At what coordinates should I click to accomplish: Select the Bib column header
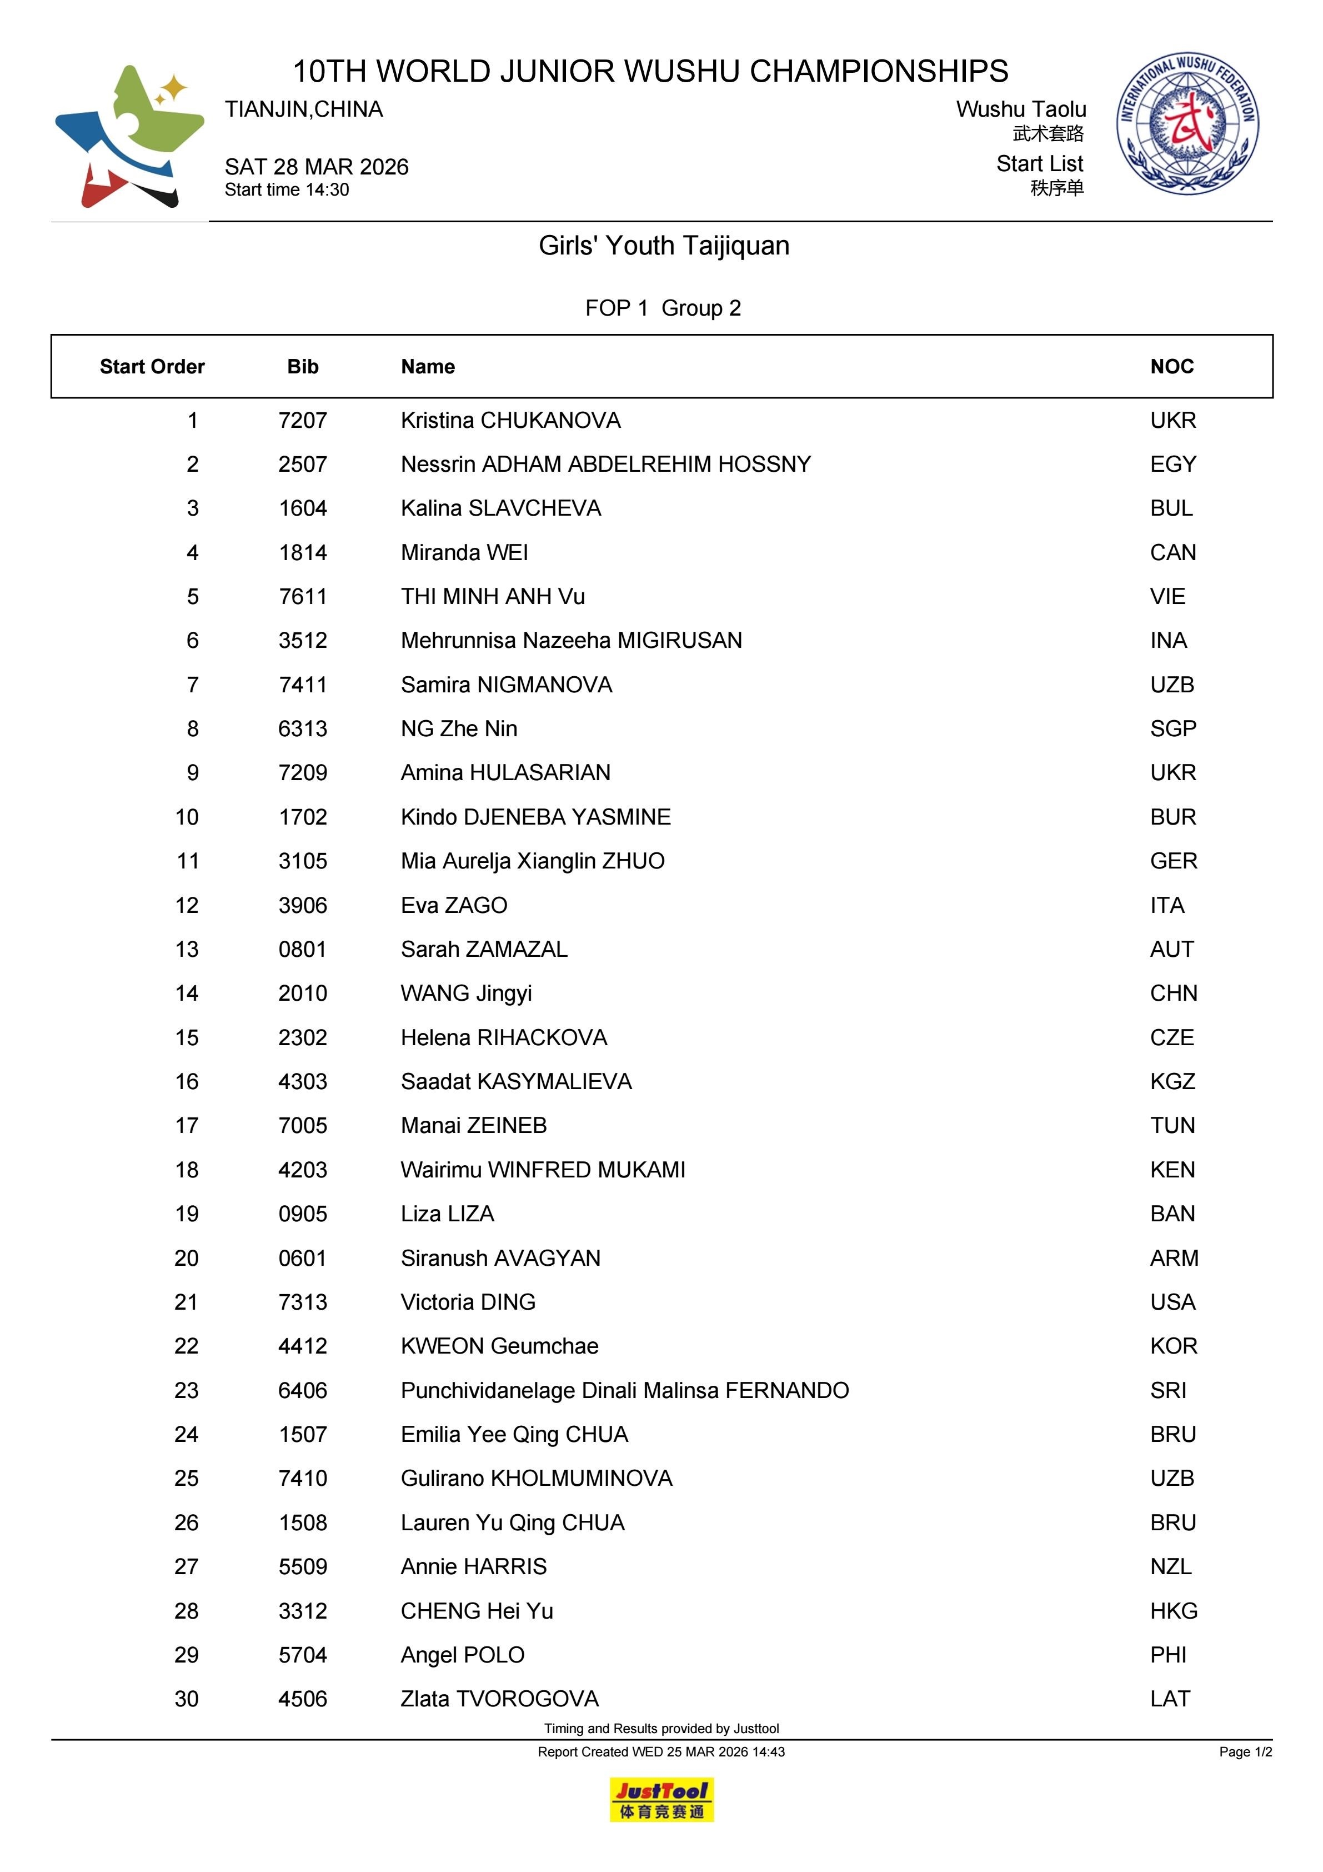(302, 367)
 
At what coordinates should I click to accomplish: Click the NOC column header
(1171, 367)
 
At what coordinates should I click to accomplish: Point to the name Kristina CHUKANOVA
(510, 421)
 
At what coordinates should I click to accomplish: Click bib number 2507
(302, 465)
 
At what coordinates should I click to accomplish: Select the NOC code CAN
(1172, 553)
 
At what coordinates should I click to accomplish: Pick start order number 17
(187, 1125)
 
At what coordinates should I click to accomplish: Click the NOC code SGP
(1172, 729)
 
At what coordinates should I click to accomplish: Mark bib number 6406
(302, 1390)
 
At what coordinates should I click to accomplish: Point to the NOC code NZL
(1171, 1566)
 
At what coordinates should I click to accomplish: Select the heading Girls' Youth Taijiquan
(664, 246)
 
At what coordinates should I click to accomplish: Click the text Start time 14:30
(287, 190)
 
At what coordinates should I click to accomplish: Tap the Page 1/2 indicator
(1245, 1751)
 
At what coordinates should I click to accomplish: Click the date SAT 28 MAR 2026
(316, 167)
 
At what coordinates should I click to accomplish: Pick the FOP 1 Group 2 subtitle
(663, 308)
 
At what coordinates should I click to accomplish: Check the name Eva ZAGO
(453, 905)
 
